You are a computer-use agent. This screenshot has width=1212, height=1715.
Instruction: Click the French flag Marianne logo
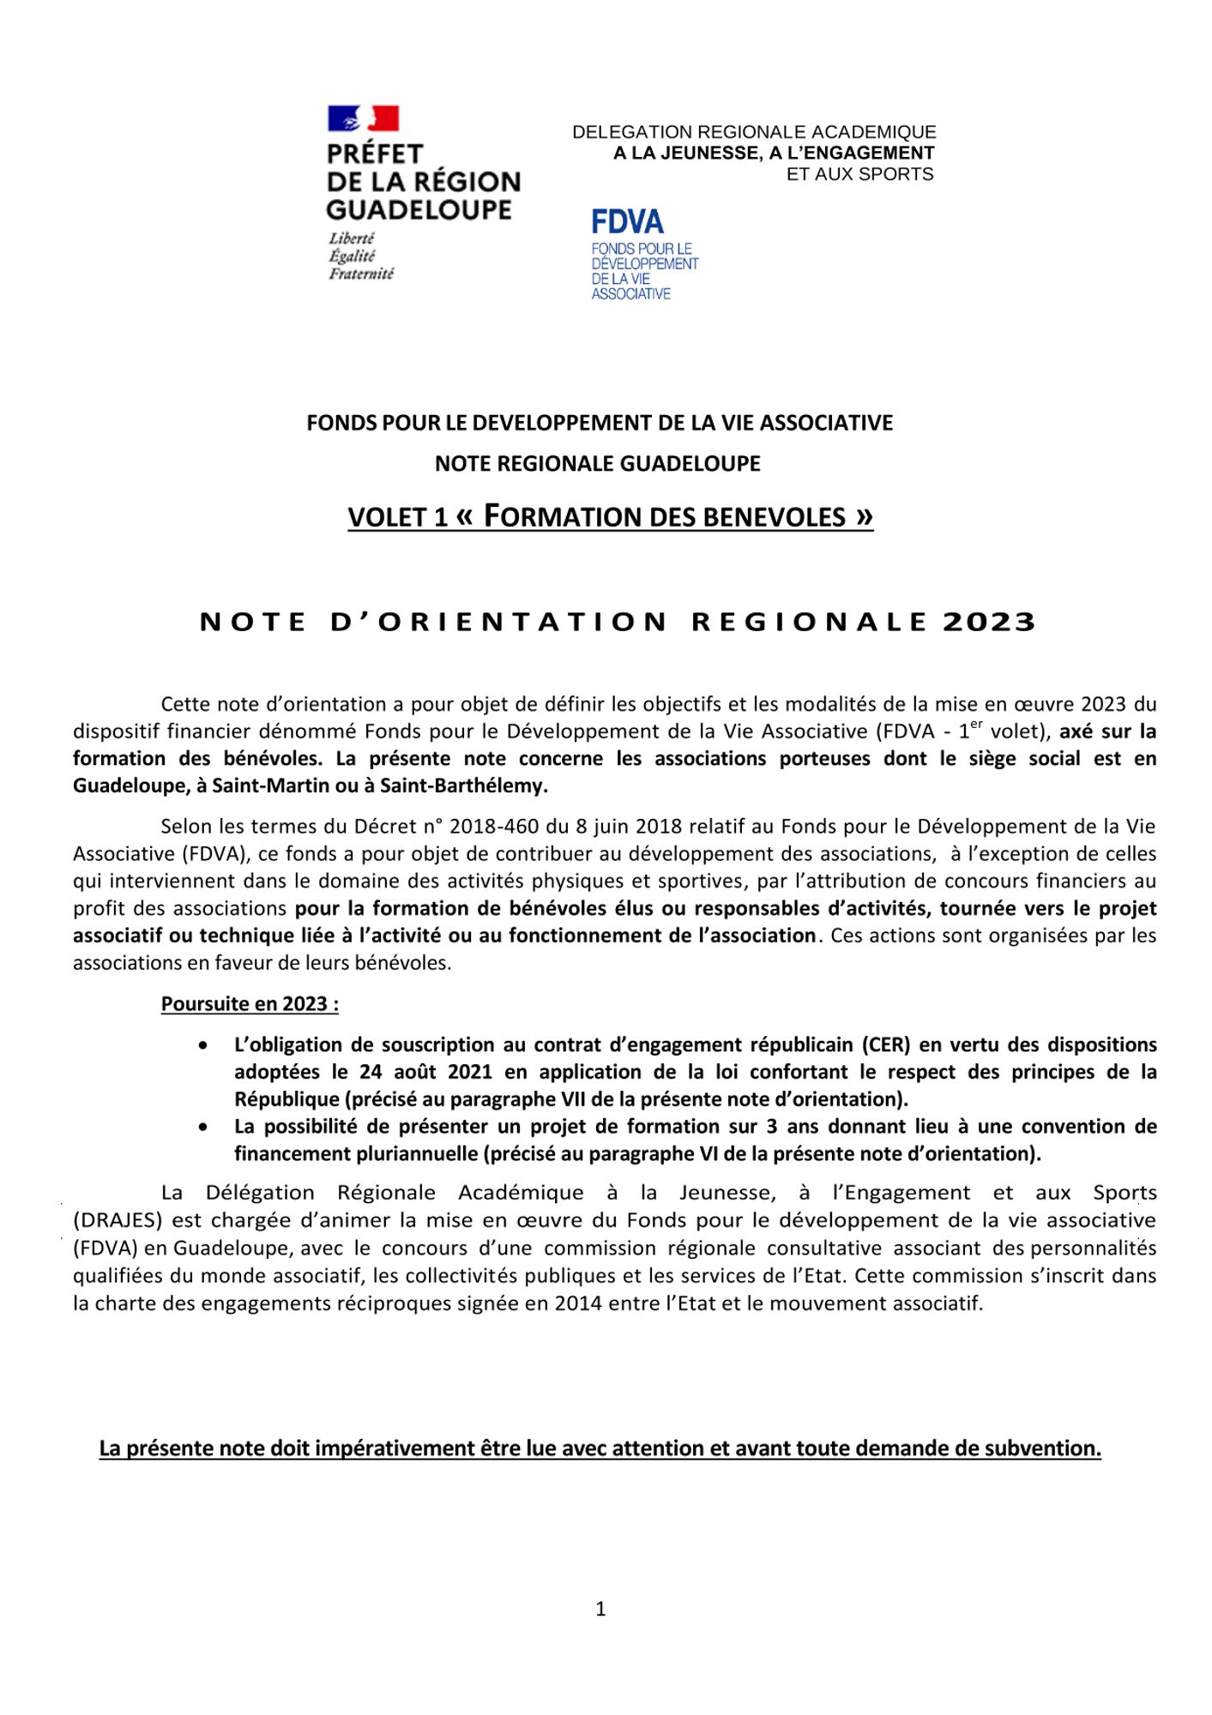[363, 118]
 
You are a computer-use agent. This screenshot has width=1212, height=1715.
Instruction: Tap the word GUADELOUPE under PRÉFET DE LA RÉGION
[419, 210]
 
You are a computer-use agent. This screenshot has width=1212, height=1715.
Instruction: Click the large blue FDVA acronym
[627, 222]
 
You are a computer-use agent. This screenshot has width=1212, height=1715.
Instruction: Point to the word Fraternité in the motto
[361, 274]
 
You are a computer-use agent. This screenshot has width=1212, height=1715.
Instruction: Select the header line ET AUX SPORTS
[859, 174]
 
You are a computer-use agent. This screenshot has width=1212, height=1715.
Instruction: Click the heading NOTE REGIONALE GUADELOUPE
[597, 464]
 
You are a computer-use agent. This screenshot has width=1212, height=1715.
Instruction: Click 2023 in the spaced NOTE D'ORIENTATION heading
[989, 622]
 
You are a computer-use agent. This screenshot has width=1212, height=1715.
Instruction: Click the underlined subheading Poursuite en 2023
[249, 1004]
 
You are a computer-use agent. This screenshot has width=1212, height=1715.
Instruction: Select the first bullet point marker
[202, 1046]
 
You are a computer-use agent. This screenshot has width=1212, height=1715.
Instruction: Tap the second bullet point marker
[202, 1128]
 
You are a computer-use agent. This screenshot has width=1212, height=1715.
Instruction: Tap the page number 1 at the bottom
[600, 1610]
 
